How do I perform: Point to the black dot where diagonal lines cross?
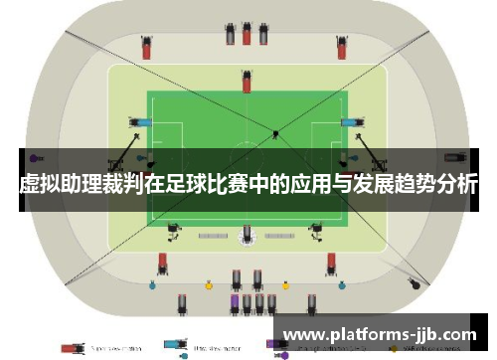pyautogui.click(x=274, y=132)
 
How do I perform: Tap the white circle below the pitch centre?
pyautogui.click(x=248, y=236)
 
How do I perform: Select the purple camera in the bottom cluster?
pyautogui.click(x=235, y=300)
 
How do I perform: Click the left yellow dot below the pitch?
pyautogui.click(x=209, y=285)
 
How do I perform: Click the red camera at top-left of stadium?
pyautogui.click(x=146, y=45)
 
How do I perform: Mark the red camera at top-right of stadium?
pyautogui.click(x=343, y=45)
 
